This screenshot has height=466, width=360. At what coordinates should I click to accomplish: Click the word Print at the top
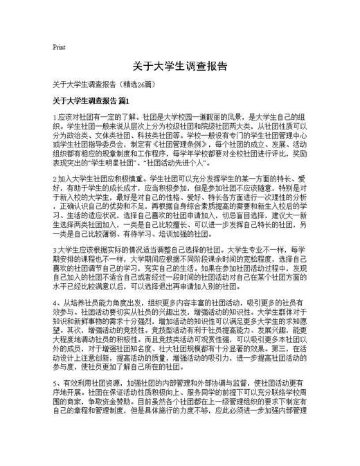pos(59,47)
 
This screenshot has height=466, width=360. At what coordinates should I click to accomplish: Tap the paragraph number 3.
pos(55,247)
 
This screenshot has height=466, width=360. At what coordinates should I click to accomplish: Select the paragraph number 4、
pos(56,305)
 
